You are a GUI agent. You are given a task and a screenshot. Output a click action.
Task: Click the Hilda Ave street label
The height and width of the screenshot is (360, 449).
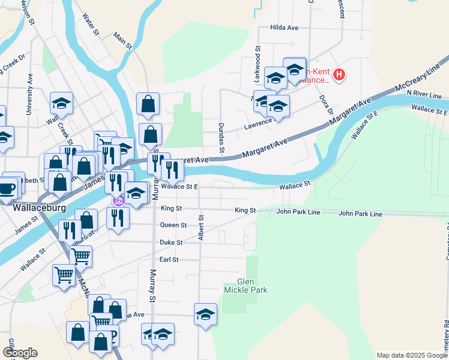[284, 28]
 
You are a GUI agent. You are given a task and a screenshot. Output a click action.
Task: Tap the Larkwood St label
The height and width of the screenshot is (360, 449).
[257, 64]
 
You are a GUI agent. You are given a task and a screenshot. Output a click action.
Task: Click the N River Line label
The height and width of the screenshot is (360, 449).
[424, 95]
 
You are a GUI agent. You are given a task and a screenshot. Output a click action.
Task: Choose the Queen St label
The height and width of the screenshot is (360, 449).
[173, 226]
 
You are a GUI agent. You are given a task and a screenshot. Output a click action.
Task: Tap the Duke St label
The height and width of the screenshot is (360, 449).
[171, 243]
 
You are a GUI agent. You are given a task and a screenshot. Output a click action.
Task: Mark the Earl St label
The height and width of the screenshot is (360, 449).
[170, 260]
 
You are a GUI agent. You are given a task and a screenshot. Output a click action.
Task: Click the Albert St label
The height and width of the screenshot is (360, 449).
[202, 229]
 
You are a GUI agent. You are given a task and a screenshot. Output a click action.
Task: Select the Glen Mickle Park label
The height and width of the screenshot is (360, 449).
[245, 286]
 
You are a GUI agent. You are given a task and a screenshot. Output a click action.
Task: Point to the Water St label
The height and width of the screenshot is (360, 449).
[91, 25]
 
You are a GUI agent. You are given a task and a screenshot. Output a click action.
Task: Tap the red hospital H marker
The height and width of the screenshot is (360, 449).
[339, 76]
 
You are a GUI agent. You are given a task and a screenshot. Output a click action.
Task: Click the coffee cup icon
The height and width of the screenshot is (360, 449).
[7, 188]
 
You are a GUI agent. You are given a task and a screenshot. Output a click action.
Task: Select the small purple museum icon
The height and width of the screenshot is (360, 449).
[118, 201]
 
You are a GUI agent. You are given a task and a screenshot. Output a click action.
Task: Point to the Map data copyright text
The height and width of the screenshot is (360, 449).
[412, 355]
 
